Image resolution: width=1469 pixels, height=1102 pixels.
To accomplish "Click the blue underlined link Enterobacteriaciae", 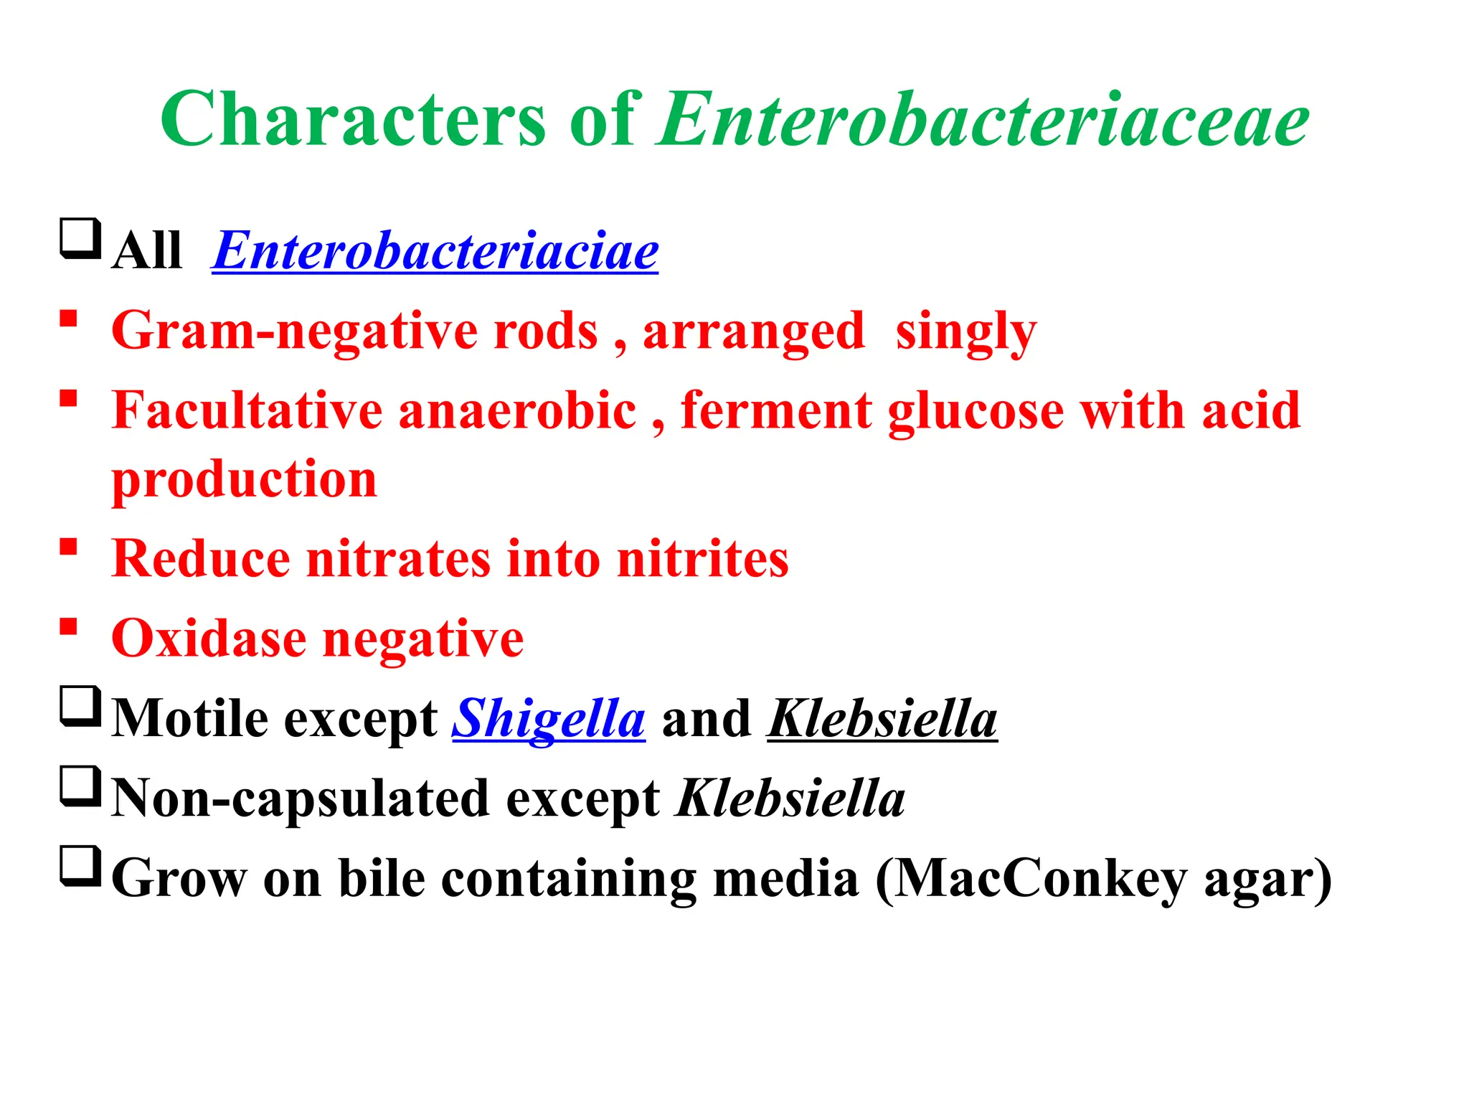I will tap(435, 251).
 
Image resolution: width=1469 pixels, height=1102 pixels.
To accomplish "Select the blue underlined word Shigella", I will tap(549, 719).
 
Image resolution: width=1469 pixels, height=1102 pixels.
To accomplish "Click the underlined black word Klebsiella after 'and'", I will tap(882, 719).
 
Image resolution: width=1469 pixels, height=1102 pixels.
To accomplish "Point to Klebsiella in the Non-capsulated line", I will tap(790, 798).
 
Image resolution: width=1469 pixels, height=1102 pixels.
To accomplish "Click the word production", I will tap(244, 479).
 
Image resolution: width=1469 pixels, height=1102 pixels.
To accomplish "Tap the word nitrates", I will tap(399, 559).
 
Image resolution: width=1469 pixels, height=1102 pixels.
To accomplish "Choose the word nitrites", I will tap(702, 559).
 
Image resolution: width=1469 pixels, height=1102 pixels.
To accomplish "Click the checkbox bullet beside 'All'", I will tap(80, 239).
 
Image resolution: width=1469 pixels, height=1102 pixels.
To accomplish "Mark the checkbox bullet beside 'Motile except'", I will tap(80, 707).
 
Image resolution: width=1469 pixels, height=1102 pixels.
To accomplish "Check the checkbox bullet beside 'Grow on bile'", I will tap(80, 866).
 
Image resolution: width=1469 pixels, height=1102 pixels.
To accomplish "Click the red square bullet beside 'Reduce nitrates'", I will tap(69, 547).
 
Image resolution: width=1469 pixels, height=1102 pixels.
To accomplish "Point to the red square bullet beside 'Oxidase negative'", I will tap(69, 626).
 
